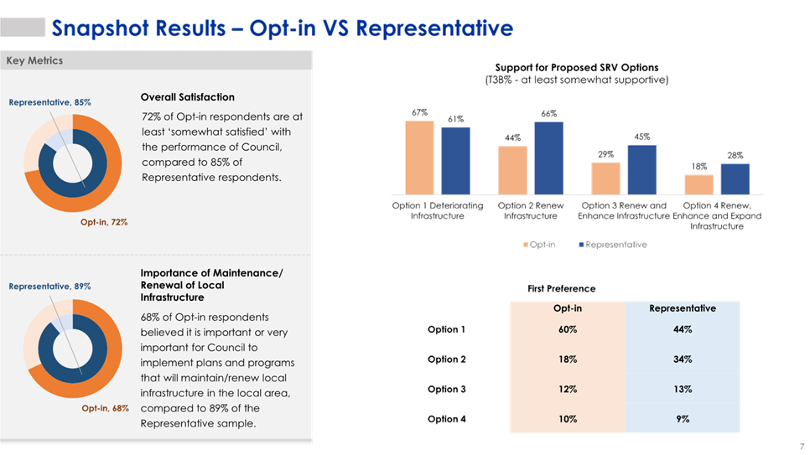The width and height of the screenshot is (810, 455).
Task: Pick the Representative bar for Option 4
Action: tap(735, 178)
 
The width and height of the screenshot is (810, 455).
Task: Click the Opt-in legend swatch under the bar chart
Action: tap(526, 245)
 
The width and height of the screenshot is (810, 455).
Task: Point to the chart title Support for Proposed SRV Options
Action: tap(576, 68)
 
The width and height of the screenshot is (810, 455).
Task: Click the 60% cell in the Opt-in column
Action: tap(567, 329)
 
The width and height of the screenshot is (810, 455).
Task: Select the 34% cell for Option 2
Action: tap(683, 359)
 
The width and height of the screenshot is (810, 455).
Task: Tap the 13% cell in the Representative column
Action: tap(683, 389)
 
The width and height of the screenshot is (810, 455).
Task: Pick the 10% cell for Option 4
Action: tap(567, 419)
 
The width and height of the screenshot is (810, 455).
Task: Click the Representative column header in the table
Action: tap(683, 308)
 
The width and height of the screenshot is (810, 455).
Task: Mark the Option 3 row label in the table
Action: tap(446, 389)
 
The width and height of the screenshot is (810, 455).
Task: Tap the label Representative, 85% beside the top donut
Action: tap(49, 102)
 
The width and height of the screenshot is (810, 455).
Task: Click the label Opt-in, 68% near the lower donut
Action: tap(104, 408)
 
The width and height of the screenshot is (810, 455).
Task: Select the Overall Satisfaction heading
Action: tap(188, 98)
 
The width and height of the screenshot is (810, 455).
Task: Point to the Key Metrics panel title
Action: tap(34, 60)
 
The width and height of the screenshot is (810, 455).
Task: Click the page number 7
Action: tap(802, 445)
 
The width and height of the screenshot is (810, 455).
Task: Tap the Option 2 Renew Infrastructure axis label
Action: tap(530, 210)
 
